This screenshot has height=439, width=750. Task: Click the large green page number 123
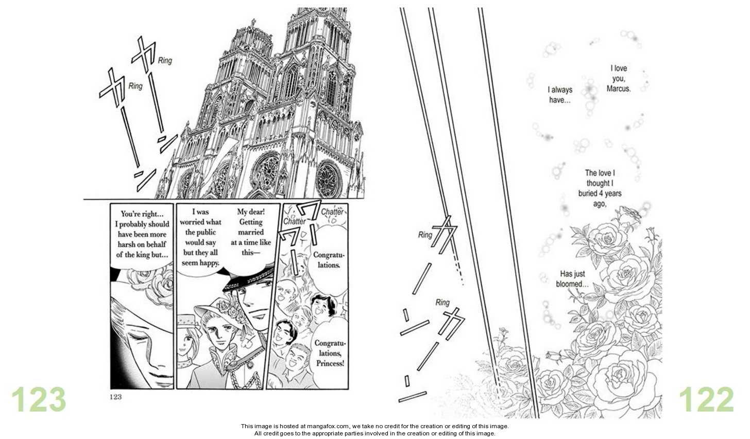point(39,399)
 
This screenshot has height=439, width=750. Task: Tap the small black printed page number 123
point(115,396)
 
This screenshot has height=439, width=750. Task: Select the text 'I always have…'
point(559,95)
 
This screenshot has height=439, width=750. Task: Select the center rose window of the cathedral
point(267,170)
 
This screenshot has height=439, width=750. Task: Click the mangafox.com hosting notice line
point(374,427)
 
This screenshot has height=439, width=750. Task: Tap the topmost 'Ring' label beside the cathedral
point(165,60)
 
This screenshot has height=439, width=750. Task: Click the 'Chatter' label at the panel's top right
point(332,212)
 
